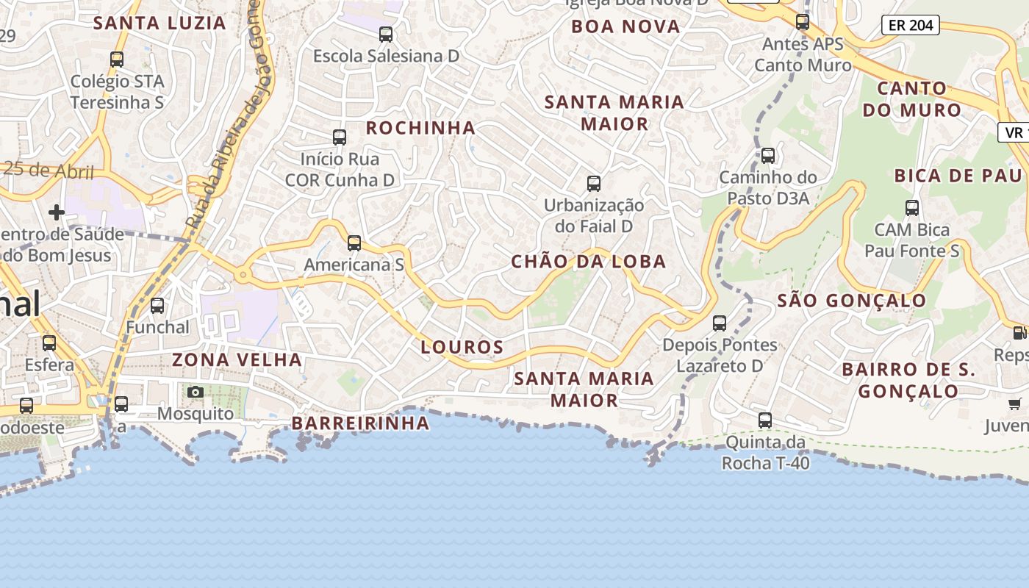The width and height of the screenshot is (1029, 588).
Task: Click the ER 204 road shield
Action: point(911,25)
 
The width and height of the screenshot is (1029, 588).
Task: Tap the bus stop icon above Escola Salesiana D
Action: point(386,34)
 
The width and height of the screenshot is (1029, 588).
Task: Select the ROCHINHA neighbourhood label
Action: point(421,128)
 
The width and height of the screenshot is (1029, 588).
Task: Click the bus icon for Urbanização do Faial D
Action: point(594,184)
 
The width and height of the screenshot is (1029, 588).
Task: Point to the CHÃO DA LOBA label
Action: point(588,262)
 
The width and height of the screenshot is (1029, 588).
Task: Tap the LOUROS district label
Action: point(462,347)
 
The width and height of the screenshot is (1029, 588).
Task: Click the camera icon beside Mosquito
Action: point(195,392)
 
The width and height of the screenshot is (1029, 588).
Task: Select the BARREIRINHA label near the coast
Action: point(360,423)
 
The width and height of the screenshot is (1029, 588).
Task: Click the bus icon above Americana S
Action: point(354,243)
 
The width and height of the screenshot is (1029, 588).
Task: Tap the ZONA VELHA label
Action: point(237,359)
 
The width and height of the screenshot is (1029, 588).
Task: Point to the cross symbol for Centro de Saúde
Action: point(56,212)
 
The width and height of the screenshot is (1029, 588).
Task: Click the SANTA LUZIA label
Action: point(159,23)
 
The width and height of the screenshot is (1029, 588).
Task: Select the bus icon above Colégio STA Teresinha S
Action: point(117,60)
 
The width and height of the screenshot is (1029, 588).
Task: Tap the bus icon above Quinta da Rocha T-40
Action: point(765,420)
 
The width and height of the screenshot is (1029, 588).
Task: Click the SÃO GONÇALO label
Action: point(852,300)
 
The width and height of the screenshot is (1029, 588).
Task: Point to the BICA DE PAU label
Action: point(958,176)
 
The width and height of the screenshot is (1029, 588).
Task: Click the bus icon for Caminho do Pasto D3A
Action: point(768,156)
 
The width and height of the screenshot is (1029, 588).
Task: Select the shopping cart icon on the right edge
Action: point(1015,403)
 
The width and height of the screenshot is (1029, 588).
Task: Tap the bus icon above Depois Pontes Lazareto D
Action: point(720,323)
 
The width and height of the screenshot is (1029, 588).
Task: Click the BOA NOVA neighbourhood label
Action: point(625,26)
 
